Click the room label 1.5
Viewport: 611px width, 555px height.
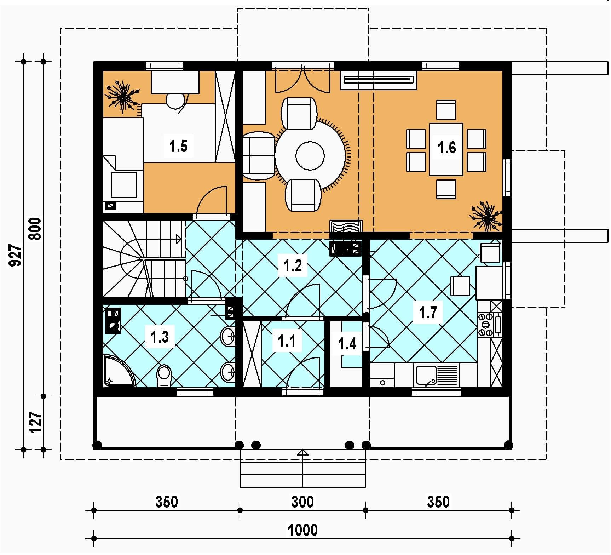178,146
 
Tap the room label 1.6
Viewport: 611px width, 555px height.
447,147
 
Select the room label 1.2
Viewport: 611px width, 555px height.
293,265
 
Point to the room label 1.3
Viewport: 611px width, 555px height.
160,337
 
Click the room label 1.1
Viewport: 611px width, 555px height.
287,341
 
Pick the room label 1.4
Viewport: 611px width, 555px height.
347,343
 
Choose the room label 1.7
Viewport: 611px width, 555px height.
428,313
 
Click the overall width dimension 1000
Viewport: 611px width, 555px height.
303,530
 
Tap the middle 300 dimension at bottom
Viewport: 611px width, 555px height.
303,502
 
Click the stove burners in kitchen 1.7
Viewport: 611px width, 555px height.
485,324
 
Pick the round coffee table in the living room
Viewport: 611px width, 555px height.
310,156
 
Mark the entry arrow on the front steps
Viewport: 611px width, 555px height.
303,453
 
